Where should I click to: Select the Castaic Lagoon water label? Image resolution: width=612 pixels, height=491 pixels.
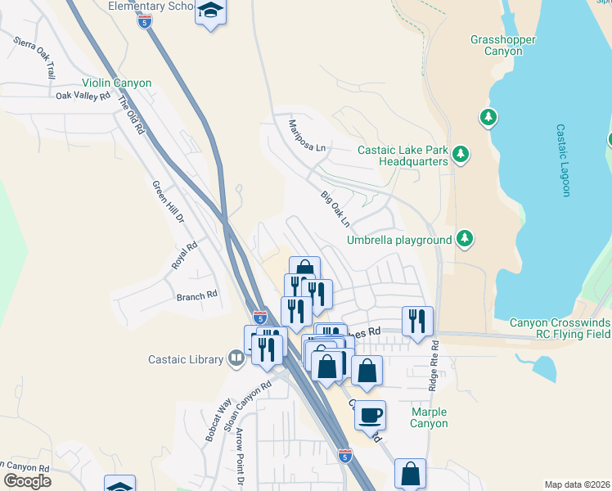(x=562, y=160)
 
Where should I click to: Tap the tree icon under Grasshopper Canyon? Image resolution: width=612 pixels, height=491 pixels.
(x=488, y=118)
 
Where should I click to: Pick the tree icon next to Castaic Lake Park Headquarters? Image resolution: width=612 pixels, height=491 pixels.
(x=461, y=155)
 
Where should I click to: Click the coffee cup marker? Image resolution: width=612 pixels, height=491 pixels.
(x=370, y=415)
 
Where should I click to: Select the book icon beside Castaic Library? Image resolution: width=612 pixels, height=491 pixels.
(x=236, y=358)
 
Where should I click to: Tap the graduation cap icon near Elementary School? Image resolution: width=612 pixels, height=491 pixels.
(x=210, y=11)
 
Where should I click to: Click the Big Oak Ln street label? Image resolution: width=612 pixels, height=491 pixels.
(x=335, y=209)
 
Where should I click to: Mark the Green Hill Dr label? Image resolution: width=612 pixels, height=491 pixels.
(x=169, y=202)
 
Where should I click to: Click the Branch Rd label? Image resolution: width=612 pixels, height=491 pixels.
(x=197, y=295)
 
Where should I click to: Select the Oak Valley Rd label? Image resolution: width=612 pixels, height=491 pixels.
(x=83, y=96)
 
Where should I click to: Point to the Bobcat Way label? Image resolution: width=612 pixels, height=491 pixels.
(x=211, y=420)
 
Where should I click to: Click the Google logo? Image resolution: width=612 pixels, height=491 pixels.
(x=27, y=480)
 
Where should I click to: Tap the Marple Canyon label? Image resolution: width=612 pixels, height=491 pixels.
(x=429, y=417)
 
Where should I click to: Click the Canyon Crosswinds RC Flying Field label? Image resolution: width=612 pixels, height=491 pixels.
(x=560, y=327)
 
